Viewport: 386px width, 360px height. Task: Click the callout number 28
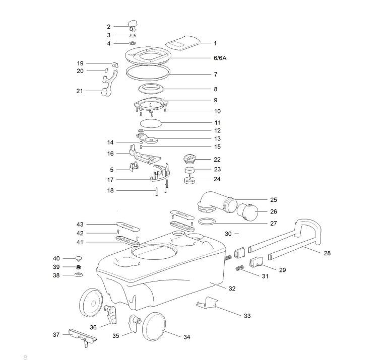327,253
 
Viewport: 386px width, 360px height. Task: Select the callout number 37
56,334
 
